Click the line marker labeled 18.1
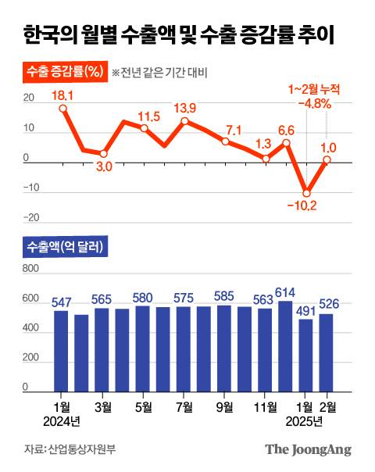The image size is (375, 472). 62,109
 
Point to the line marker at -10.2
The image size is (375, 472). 306,193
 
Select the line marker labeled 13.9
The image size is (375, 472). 184,120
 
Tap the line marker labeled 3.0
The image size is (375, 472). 103,154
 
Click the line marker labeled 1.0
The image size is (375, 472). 327,159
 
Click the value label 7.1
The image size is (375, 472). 234,129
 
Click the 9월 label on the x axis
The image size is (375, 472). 224,407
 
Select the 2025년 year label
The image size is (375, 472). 306,423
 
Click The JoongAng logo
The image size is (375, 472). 307,449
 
